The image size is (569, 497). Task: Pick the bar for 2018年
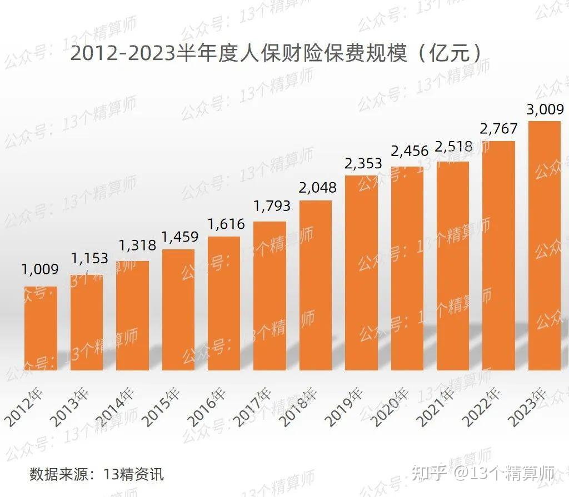316,285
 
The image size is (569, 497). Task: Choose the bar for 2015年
178,309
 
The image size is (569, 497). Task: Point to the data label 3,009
544,109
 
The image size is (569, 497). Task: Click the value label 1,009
40,270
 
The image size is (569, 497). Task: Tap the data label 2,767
498,129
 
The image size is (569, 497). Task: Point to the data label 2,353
362,163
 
